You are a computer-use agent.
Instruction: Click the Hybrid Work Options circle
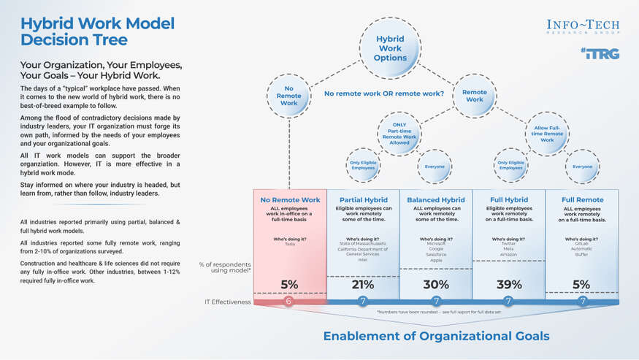(390, 49)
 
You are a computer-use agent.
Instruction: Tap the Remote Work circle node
(474, 96)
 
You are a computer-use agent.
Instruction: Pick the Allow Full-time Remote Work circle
(548, 134)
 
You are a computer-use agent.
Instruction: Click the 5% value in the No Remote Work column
(288, 285)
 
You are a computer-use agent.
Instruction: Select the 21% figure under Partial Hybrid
(363, 285)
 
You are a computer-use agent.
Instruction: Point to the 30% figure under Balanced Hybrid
(436, 285)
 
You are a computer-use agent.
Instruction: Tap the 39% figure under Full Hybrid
(509, 285)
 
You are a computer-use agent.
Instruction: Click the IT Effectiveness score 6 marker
(288, 302)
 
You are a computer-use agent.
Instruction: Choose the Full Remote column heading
(582, 199)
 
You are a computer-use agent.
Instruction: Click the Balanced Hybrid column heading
(436, 199)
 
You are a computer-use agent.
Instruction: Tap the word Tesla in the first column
(289, 244)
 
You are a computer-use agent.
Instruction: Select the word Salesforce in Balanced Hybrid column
(436, 254)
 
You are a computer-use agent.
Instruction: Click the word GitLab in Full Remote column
(582, 244)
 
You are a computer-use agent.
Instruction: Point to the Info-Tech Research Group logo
(583, 27)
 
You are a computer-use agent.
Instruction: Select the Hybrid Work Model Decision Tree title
(97, 31)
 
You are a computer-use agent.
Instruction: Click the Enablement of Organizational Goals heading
(437, 336)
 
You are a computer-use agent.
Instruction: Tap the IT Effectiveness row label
(228, 302)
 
